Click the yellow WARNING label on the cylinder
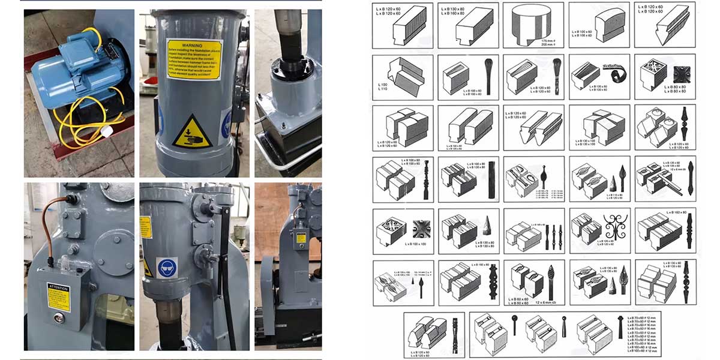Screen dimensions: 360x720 click(x=194, y=59)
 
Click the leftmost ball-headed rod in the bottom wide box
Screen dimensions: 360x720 click(x=514, y=324)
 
